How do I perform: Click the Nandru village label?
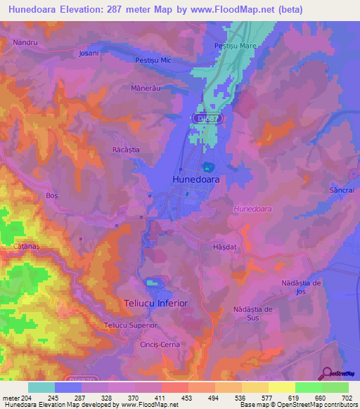tap(25, 43)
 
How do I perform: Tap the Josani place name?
tap(89, 53)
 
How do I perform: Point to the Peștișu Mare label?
tap(233, 46)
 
